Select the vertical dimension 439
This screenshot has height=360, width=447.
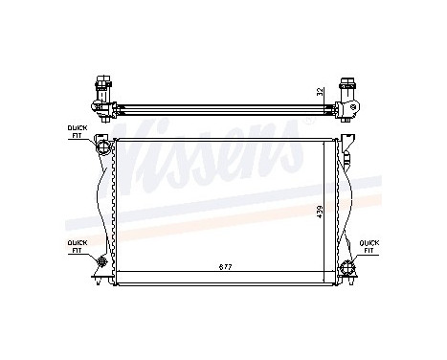pyautogui.click(x=321, y=210)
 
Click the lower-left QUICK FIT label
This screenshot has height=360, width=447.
pyautogui.click(x=76, y=246)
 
